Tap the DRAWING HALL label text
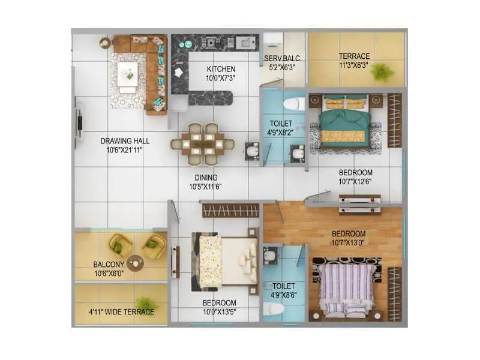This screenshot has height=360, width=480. click(x=125, y=141)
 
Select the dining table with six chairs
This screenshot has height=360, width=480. click(x=203, y=144)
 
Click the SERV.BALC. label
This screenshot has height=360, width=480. click(x=283, y=58)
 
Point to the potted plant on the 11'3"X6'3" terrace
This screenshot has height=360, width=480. click(x=381, y=72)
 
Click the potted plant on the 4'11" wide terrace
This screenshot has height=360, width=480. click(x=144, y=302)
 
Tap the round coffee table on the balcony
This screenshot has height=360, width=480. click(x=136, y=262)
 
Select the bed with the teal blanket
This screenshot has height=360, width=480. click(x=344, y=121)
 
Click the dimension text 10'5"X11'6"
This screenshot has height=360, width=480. click(x=205, y=187)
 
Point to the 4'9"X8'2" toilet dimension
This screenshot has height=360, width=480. click(x=281, y=134)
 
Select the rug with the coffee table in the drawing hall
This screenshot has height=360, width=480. click(x=128, y=76)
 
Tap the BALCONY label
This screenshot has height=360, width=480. click(x=109, y=264)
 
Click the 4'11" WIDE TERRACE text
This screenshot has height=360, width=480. click(x=122, y=312)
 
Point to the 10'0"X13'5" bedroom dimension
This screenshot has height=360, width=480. click(x=218, y=312)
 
